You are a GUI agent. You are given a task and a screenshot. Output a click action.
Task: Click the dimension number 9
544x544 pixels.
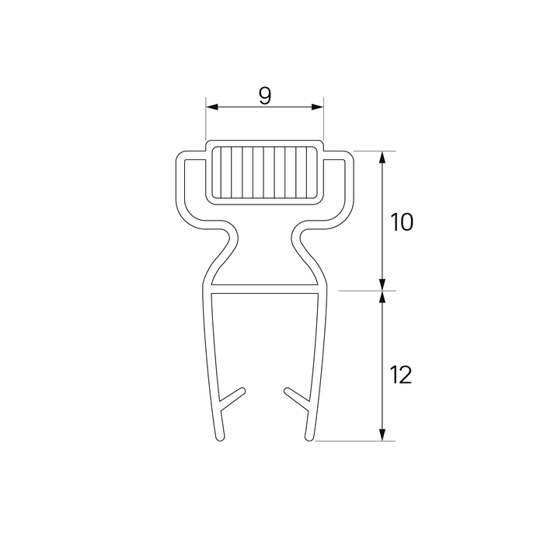pyautogui.click(x=265, y=96)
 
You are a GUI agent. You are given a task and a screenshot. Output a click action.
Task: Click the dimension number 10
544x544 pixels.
pyautogui.click(x=402, y=222)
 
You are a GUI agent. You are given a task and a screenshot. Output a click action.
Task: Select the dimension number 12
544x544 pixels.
pyautogui.click(x=401, y=375)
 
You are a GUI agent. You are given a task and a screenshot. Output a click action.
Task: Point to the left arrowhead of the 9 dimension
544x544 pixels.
pyautogui.click(x=212, y=107)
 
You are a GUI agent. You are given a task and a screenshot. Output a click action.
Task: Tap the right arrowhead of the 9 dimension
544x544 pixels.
pyautogui.click(x=317, y=107)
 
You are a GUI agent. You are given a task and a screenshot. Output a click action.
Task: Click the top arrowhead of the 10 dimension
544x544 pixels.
pyautogui.click(x=382, y=157)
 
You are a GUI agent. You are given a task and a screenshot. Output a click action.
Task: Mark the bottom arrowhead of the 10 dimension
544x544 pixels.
pyautogui.click(x=382, y=284)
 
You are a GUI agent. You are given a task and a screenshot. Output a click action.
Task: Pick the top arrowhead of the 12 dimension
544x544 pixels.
pyautogui.click(x=382, y=297)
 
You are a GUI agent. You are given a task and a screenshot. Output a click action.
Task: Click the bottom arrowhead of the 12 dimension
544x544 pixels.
pyautogui.click(x=382, y=434)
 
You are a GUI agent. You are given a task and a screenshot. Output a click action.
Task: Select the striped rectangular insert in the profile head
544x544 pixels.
pyautogui.click(x=264, y=173)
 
